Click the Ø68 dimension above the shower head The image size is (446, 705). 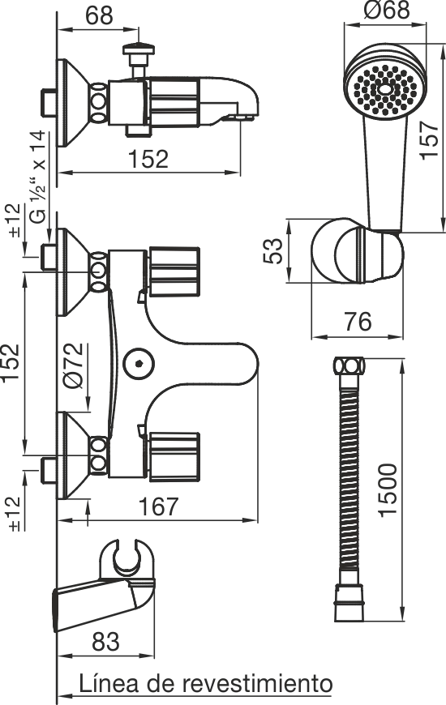388,11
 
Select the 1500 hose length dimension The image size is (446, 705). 388,490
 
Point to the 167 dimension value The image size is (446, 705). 158,506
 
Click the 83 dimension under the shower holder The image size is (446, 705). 105,642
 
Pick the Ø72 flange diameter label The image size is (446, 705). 73,365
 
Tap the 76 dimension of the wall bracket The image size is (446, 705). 358,322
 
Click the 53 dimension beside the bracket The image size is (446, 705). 273,251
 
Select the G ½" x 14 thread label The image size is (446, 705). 37,177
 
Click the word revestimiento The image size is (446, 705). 257,684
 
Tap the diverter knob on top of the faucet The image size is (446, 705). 139,49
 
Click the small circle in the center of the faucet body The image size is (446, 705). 139,362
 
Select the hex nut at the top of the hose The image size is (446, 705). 350,365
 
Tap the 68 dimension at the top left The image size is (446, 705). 99,15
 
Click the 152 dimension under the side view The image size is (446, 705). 148,159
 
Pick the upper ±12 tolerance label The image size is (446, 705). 15,220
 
